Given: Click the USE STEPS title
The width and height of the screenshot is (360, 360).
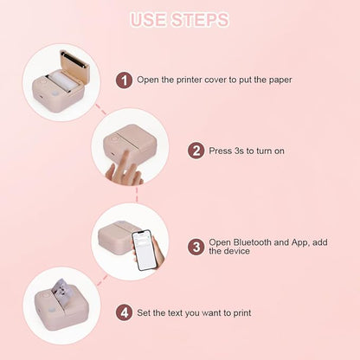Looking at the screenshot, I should click(x=180, y=19).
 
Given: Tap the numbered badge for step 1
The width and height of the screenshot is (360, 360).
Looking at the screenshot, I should click(x=125, y=80).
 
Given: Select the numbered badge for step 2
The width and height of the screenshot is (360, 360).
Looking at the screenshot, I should click(x=197, y=151).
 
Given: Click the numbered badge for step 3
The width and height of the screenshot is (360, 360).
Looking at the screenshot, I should click(x=197, y=247).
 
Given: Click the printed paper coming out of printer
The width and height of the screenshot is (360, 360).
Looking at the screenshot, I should click(x=61, y=286).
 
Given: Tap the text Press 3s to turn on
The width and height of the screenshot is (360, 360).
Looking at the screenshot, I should click(x=247, y=151).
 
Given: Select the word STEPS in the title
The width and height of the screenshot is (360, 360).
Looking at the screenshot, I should click(x=204, y=19).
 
